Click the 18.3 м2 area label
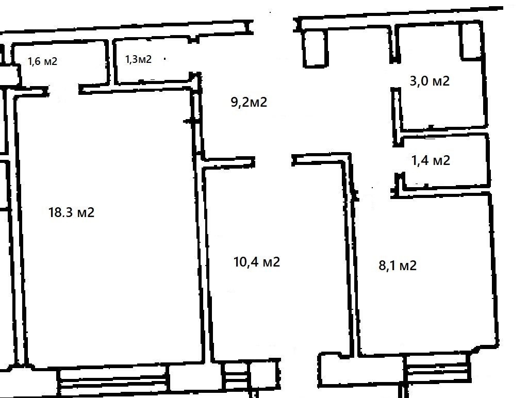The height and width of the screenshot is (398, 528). coord(71,212)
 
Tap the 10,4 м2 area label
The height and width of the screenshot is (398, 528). coord(257,261)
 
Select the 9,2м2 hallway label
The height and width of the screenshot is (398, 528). coord(249,102)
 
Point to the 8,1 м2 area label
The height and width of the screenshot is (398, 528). coord(398,266)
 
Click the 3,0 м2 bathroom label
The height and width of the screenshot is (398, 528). coord(430,81)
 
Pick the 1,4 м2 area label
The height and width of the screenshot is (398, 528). coord(431,160)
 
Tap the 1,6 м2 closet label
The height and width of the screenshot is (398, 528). coord(42,61)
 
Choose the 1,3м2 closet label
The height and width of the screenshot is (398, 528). coord(138,59)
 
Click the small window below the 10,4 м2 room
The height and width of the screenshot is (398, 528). coord(237,375)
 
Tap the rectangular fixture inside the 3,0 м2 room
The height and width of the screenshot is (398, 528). coord(471,40)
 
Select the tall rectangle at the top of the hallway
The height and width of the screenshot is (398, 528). coord(316,49)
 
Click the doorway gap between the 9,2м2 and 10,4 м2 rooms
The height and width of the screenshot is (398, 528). coord(273,161)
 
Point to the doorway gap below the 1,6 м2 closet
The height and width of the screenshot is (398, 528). coord(64,90)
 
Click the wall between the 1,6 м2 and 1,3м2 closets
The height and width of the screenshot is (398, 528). coord(110,62)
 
